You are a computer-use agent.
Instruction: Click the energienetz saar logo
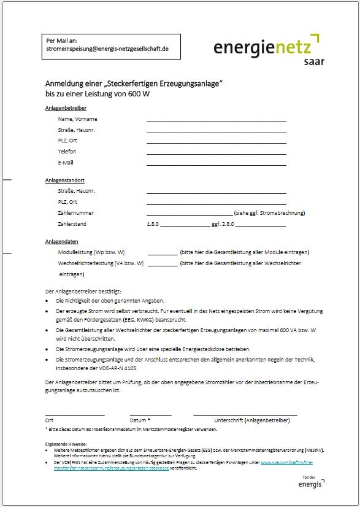pos(268,48)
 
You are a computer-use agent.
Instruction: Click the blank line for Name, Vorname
pos(216,121)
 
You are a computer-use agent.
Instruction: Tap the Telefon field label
pos(67,152)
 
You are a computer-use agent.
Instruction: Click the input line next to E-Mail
pos(216,164)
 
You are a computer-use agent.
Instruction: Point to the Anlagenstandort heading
pos(64,180)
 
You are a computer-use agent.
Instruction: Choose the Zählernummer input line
pos(190,215)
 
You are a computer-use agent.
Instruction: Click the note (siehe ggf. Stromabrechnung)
pos(269,213)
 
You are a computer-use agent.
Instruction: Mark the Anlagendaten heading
pos(61,242)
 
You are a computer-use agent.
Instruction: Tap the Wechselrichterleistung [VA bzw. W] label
pos(101,263)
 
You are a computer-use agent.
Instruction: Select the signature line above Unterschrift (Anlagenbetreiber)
pos(245,415)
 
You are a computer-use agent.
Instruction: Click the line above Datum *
pos(150,415)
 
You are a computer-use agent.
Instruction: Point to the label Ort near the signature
pos(49,420)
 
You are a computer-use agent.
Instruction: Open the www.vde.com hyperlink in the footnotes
pos(294,462)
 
